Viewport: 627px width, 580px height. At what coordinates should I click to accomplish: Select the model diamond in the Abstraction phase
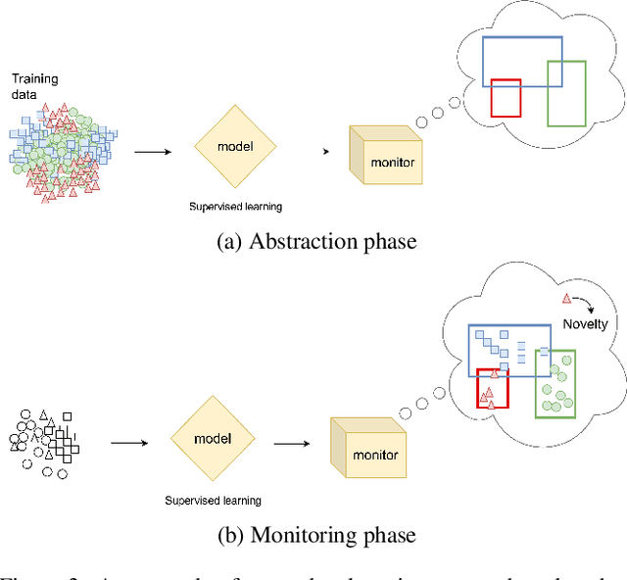coord(235,147)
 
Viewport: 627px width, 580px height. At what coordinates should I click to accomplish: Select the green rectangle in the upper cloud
coord(566,94)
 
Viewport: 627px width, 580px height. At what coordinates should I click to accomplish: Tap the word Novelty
coord(585,324)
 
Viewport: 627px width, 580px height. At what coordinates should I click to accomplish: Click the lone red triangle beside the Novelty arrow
coord(564,298)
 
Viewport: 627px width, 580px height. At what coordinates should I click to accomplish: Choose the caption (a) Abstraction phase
coord(315,241)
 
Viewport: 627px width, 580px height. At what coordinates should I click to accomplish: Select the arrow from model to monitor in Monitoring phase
coord(296,442)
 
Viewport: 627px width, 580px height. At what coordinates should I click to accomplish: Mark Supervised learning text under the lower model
coord(213,500)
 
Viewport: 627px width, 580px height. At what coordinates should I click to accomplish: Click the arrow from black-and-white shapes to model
coord(130,442)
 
